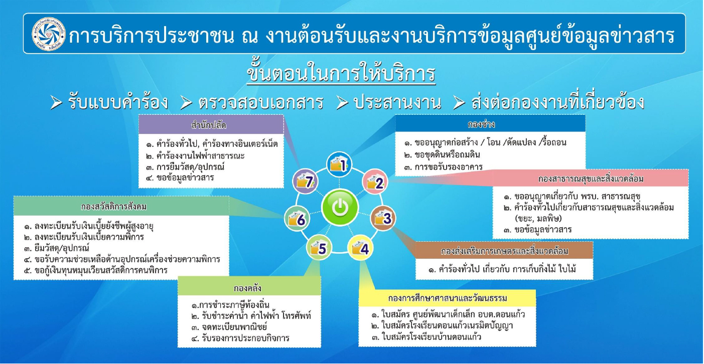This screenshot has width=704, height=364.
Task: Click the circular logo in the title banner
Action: pos(49,34)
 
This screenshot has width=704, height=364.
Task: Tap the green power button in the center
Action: pos(340,207)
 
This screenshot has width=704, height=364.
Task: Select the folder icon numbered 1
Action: pos(339,164)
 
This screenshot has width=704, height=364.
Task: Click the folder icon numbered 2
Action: pos(375,181)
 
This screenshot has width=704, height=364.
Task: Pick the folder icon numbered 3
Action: pos(383,218)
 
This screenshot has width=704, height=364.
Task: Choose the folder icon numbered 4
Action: pos(360,248)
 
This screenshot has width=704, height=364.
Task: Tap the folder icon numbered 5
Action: pos(319,248)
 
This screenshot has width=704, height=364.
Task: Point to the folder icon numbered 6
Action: pos(297,219)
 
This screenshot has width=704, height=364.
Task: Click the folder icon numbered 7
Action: pos(305,181)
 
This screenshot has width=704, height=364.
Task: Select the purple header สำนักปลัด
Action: pos(211,125)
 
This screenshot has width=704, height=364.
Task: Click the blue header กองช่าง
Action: pos(490,123)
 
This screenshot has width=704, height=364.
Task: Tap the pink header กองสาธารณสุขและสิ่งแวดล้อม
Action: pos(591,178)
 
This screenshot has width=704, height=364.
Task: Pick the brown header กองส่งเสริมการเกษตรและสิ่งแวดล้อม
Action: pos(504,250)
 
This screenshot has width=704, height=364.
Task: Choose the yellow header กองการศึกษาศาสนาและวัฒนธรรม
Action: pos(447,298)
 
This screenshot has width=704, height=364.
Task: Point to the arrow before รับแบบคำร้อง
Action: pos(56,103)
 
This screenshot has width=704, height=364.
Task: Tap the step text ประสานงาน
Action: pos(397,103)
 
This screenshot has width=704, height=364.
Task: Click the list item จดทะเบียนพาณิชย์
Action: pos(234,326)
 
